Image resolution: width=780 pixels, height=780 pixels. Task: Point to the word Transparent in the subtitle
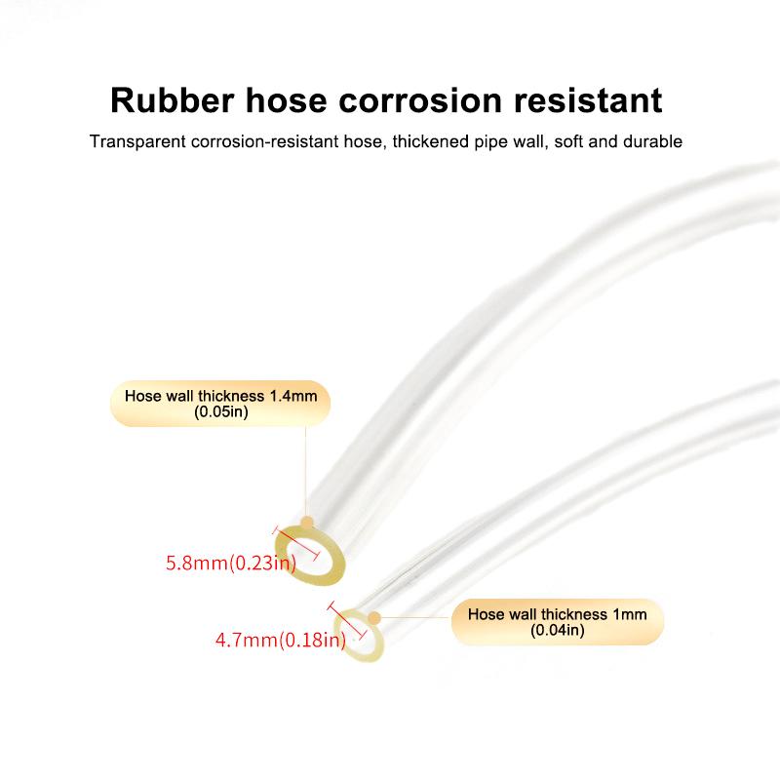(136, 141)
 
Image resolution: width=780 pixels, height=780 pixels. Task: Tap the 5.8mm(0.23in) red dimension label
(230, 564)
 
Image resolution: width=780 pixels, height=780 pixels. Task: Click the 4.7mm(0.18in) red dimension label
(279, 641)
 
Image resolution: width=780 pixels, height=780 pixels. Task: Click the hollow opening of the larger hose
(320, 556)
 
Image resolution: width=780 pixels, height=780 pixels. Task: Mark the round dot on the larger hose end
(307, 524)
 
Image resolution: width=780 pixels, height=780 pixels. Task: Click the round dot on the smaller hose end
(373, 616)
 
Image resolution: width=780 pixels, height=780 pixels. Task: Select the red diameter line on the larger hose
(297, 542)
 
